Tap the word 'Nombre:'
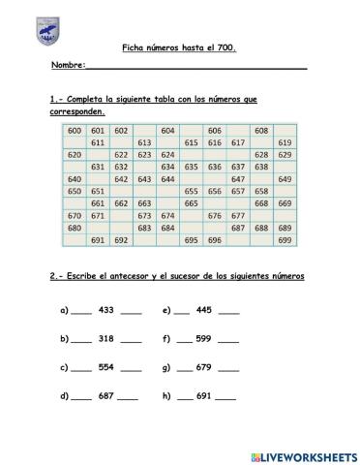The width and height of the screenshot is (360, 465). [x=69, y=67]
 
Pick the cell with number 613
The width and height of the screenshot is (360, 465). [x=145, y=142]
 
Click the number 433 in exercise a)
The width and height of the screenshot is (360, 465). [x=106, y=311]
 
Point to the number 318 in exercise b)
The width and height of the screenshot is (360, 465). [x=106, y=339]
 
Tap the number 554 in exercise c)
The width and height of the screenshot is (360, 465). [x=106, y=368]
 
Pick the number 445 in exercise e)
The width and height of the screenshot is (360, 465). [x=203, y=311]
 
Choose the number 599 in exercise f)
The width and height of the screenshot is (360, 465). [x=203, y=339]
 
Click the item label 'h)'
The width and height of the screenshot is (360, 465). [x=166, y=396]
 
